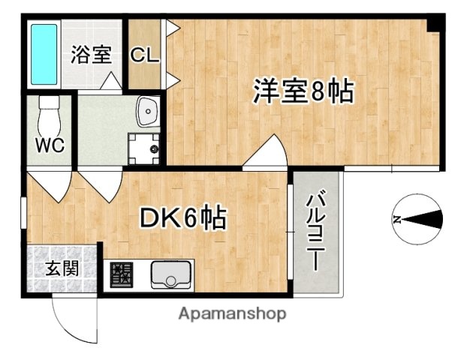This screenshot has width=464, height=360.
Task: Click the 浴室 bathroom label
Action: [x=91, y=55]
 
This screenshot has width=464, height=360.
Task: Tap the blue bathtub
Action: [x=44, y=54]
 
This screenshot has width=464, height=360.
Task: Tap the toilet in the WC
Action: [x=48, y=114]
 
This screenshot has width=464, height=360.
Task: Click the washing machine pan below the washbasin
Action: [x=143, y=148]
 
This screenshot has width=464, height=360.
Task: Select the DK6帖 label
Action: [x=183, y=218]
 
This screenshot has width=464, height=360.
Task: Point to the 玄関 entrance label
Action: [x=62, y=268]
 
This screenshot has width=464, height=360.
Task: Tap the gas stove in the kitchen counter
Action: [x=120, y=275]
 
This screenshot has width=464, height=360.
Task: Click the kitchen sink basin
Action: [x=172, y=276]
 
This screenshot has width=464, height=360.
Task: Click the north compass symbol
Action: [x=417, y=219]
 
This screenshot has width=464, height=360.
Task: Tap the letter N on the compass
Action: [x=396, y=220]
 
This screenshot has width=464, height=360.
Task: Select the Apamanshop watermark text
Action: [x=231, y=313]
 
